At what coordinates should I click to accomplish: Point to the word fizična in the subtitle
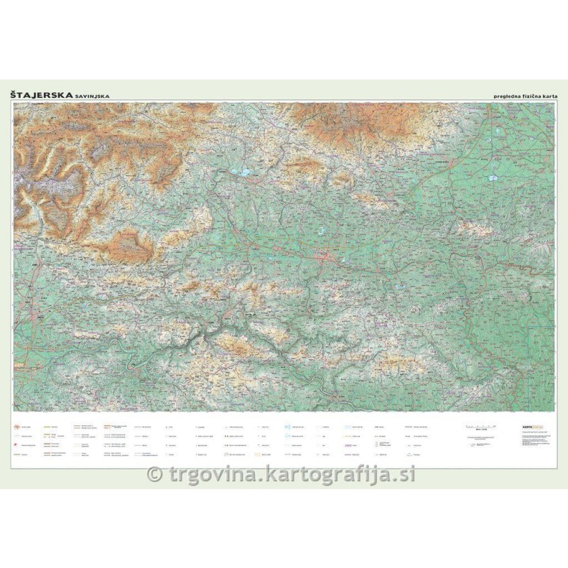pyautogui.click(x=532, y=96)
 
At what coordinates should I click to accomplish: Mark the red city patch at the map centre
pyautogui.click(x=327, y=257)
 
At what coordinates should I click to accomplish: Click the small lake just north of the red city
pyautogui.click(x=321, y=230)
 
